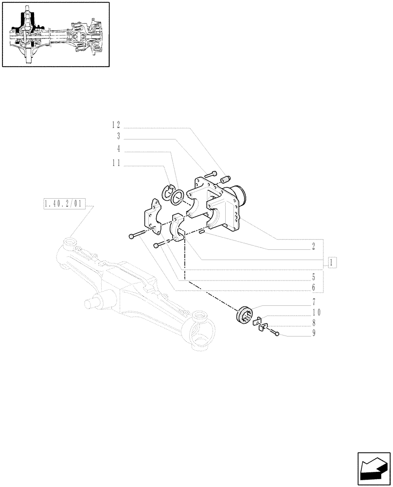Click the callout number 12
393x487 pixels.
tap(116, 125)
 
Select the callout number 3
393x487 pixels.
tap(118, 136)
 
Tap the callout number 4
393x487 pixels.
tap(118, 149)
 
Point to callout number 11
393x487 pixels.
tap(116, 164)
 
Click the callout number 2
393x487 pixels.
tap(314, 246)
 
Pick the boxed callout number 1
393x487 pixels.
tap(333, 262)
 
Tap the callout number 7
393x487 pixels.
tap(314, 301)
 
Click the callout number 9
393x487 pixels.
tap(314, 334)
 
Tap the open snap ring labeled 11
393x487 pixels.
tap(169, 192)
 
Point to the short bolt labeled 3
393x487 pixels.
tap(210, 173)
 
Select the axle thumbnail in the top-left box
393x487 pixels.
tap(55, 34)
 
